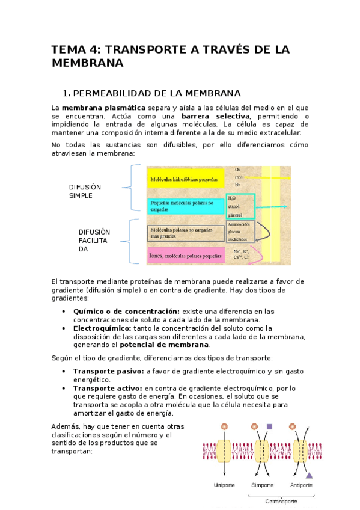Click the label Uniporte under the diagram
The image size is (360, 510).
[224, 485]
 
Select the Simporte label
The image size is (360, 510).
[263, 485]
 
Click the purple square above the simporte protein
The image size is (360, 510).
[270, 426]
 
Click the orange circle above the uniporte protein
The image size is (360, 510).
[224, 426]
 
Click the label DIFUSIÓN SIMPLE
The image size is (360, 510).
[85, 192]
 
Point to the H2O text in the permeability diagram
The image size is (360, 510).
[233, 197]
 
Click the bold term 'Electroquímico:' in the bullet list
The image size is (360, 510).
[102, 328]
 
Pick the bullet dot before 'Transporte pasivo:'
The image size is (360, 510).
[64, 371]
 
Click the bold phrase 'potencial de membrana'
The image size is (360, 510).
[165, 345]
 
